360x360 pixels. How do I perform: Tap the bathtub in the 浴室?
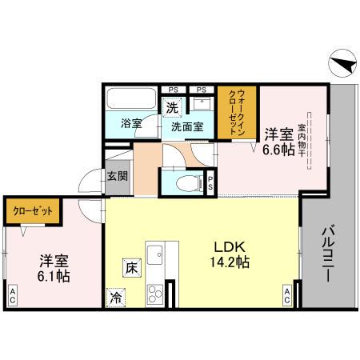pyautogui.click(x=130, y=101)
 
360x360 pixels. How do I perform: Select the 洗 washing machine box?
pyautogui.click(x=171, y=107)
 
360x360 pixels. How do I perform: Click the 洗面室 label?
pyautogui.click(x=186, y=126)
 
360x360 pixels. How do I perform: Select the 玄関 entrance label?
pyautogui.click(x=117, y=177)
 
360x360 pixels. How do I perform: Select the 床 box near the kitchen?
pyautogui.click(x=130, y=270)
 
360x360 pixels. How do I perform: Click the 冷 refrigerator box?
pyautogui.click(x=115, y=297)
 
